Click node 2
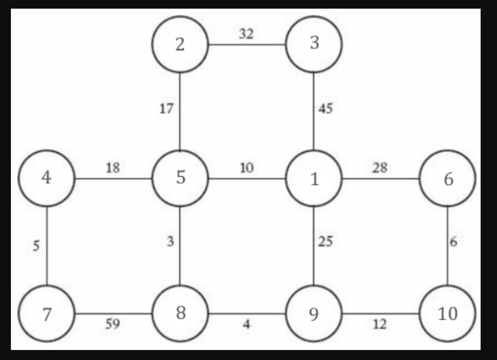[180, 45]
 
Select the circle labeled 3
[314, 44]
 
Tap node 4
[46, 178]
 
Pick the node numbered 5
[180, 178]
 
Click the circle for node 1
[314, 179]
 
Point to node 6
[448, 179]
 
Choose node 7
[46, 314]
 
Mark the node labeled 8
[180, 313]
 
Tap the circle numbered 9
[314, 314]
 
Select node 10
[447, 314]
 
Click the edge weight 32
[246, 34]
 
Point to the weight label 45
[325, 109]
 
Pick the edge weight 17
[166, 109]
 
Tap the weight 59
[113, 324]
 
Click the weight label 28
[380, 167]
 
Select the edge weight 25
[325, 242]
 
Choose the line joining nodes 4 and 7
[47, 255]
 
